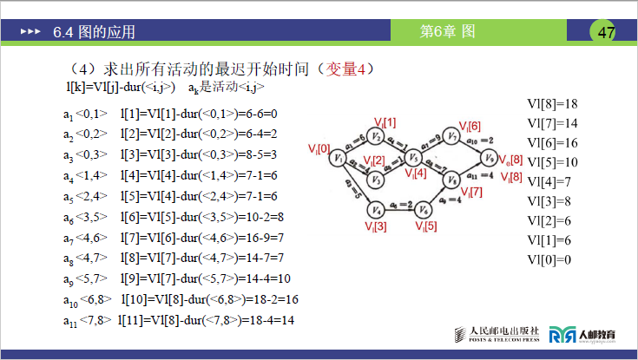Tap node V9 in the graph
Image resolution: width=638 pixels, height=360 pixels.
point(490,158)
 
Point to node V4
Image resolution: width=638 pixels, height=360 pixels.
point(376,209)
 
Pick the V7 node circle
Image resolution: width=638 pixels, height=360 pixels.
point(452,136)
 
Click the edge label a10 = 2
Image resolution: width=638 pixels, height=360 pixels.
point(479,140)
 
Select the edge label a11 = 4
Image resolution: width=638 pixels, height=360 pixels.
point(479,175)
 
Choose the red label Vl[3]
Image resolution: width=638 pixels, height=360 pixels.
point(376,226)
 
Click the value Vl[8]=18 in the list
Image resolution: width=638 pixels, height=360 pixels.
point(552,103)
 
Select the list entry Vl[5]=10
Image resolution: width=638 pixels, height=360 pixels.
point(552,162)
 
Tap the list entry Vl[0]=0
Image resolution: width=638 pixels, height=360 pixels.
point(549,259)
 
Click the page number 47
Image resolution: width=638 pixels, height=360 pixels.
point(606,32)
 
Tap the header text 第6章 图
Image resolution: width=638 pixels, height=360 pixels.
point(447,32)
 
